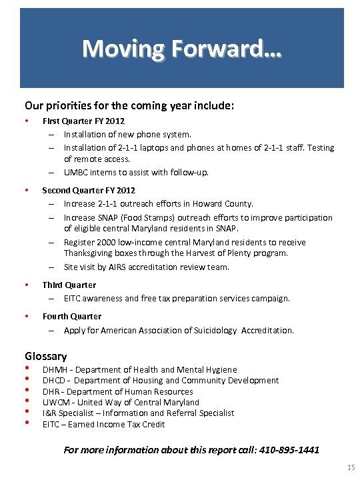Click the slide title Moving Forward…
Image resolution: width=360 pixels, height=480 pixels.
click(x=181, y=49)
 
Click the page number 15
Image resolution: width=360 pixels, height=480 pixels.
click(x=351, y=469)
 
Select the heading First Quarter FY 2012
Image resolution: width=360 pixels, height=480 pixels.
click(x=83, y=121)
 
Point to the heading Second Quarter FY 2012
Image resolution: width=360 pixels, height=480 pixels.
click(x=89, y=191)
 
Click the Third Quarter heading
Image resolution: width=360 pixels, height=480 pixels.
click(x=69, y=285)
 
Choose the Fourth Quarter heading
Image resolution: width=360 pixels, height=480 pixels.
click(x=72, y=317)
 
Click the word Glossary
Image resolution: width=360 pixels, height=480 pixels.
click(x=46, y=356)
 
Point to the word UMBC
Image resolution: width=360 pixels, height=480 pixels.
click(x=76, y=173)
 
